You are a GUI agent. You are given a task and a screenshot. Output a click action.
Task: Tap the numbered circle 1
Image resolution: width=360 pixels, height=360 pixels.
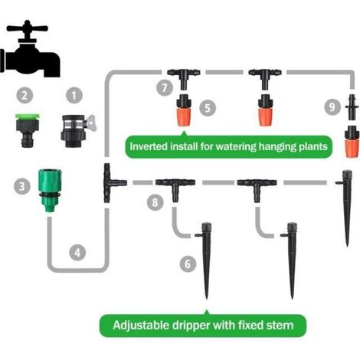(74, 96)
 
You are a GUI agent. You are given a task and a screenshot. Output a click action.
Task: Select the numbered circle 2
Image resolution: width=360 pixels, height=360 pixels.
(25, 96)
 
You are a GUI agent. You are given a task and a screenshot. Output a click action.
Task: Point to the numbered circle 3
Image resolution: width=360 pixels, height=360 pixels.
(22, 186)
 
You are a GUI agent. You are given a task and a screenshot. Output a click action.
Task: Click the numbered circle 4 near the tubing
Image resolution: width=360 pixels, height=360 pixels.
(77, 253)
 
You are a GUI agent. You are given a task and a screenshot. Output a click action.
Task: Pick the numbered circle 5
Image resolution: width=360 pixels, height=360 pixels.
(208, 108)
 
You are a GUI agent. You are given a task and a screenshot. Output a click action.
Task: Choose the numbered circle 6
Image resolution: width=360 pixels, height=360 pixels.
(188, 263)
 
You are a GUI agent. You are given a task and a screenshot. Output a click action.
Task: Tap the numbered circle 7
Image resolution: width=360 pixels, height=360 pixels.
(165, 87)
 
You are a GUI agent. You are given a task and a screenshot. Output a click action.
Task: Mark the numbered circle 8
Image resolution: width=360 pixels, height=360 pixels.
(155, 202)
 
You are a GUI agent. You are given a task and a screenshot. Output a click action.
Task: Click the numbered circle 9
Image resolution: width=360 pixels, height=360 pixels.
(332, 106)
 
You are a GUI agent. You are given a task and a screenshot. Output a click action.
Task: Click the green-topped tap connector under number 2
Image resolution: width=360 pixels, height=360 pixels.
(27, 130)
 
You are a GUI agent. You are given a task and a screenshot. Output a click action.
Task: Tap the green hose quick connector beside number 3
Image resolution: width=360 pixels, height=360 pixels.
(50, 191)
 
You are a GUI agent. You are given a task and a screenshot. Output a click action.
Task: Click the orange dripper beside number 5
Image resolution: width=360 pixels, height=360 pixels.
(184, 110)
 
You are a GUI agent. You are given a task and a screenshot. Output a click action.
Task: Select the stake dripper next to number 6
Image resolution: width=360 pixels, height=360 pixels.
(205, 260)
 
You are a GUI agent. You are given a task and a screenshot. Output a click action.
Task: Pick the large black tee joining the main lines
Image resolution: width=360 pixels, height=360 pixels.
(113, 183)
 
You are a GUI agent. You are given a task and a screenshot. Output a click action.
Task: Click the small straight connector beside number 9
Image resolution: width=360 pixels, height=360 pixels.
(352, 107)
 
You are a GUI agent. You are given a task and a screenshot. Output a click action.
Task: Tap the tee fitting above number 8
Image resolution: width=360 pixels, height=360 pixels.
(175, 188)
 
